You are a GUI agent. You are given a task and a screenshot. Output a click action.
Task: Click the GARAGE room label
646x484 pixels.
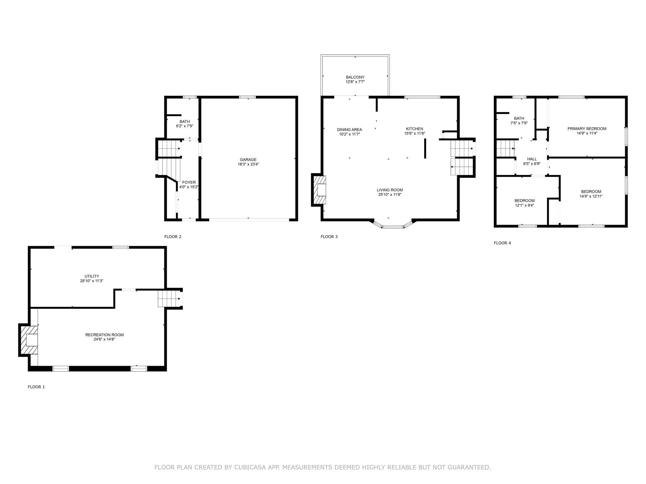[x=248, y=159]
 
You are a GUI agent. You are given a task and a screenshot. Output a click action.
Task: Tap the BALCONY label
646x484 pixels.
[x=355, y=77]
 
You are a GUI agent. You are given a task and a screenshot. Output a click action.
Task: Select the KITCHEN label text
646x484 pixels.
[x=415, y=129]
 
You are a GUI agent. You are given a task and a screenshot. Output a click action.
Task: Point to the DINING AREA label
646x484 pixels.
[x=349, y=130]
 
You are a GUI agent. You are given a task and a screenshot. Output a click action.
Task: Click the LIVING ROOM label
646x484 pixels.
[x=390, y=190]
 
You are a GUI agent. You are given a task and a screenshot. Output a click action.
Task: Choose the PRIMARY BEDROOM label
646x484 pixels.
[x=587, y=129]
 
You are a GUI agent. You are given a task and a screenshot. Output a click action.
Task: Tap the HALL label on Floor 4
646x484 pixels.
[x=532, y=159]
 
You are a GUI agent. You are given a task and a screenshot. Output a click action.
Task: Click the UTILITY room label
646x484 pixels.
[x=92, y=276]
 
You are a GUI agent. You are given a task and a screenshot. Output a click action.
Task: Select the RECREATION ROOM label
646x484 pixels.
[x=104, y=335]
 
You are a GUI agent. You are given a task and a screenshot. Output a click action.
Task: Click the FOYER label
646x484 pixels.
[x=189, y=182]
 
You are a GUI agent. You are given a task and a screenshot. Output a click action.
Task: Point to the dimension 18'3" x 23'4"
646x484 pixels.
[x=248, y=164]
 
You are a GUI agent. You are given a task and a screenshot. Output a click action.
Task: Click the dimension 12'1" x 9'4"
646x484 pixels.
[x=524, y=205]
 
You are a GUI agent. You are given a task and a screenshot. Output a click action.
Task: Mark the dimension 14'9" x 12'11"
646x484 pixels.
[x=591, y=196]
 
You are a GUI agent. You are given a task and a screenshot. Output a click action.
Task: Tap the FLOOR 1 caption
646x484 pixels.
[x=36, y=387]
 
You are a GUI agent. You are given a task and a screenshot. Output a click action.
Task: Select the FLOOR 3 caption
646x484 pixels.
[x=329, y=237]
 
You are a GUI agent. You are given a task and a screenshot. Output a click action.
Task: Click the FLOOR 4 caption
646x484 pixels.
[x=502, y=243]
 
